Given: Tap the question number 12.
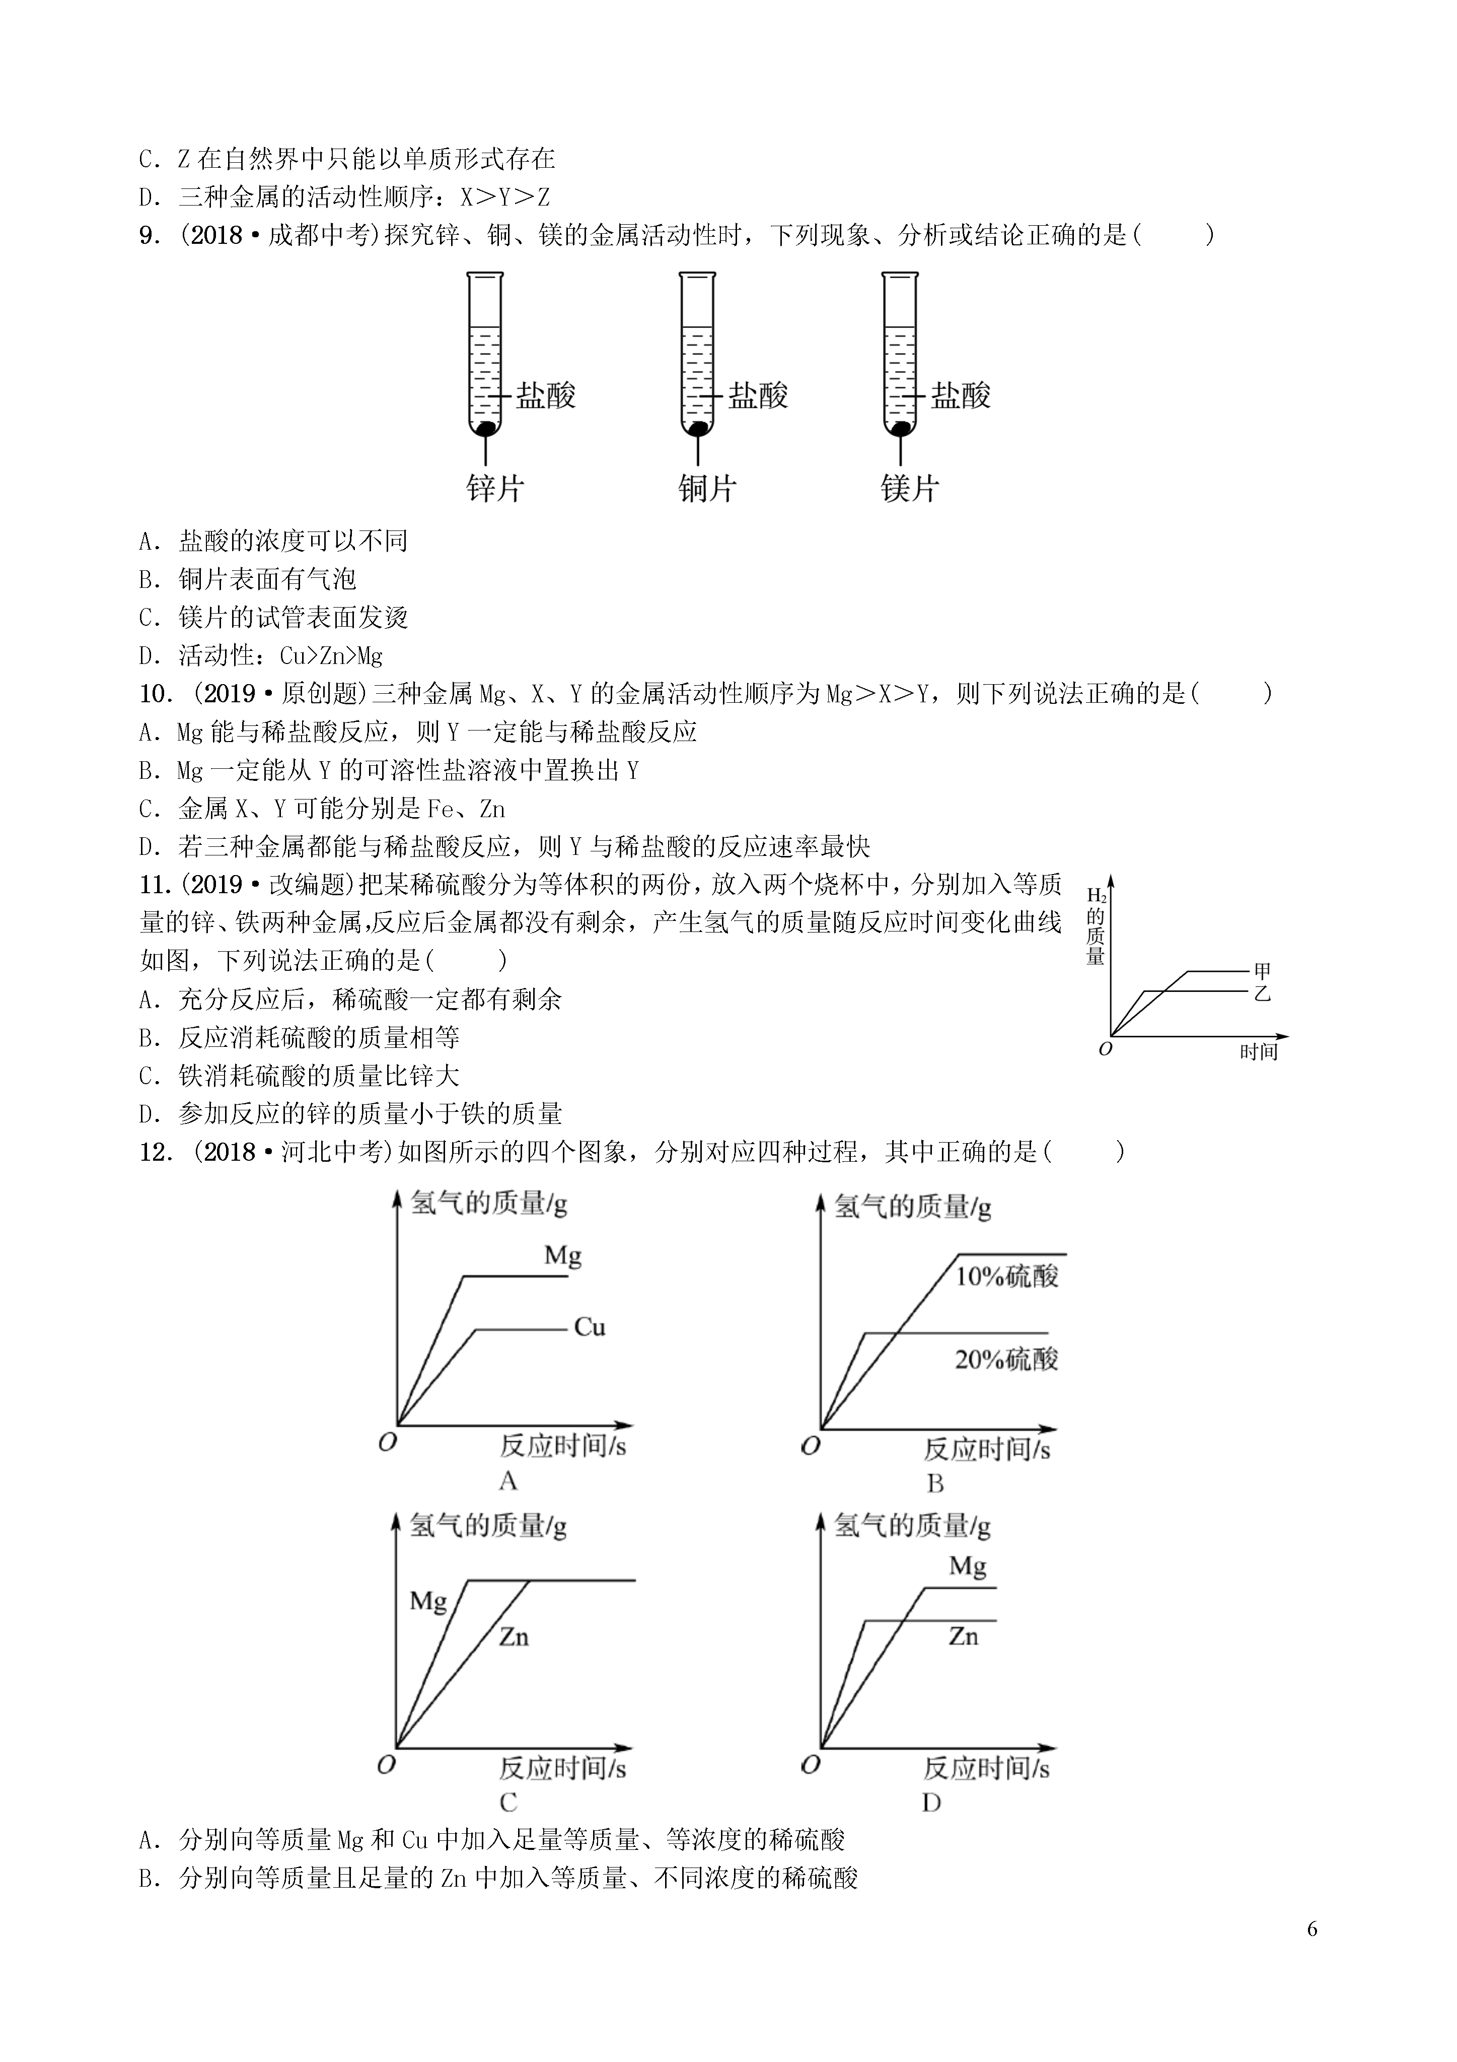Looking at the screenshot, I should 155,1152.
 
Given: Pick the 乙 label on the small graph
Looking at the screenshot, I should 1262,993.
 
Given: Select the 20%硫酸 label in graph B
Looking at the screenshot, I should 1006,1359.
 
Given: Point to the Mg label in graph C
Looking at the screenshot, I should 428,1601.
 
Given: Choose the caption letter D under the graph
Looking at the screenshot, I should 932,1803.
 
